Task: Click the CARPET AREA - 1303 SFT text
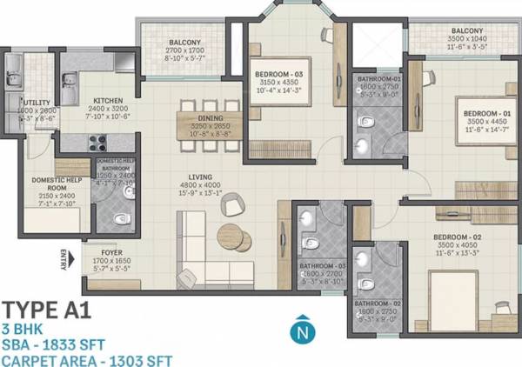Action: click(x=87, y=359)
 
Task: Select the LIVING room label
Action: click(x=200, y=177)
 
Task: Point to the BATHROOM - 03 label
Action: click(x=321, y=264)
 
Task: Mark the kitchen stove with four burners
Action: click(x=95, y=143)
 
